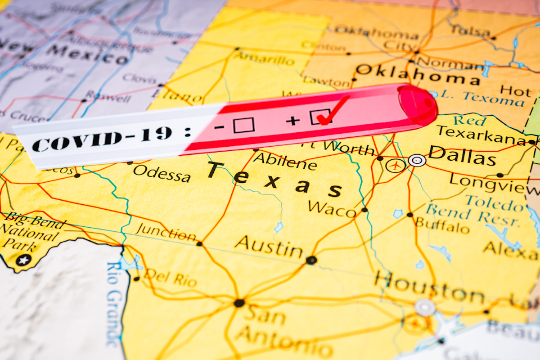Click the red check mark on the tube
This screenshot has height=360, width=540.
coord(332,111)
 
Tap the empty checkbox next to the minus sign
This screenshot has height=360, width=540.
coord(243,125)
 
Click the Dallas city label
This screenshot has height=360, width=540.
coord(462,155)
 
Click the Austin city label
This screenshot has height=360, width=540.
coord(269,246)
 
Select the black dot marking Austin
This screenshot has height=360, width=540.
coord(310,260)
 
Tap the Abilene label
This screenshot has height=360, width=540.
coord(284,161)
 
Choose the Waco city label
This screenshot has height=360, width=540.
coord(332,208)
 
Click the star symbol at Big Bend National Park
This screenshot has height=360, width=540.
coord(23,260)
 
